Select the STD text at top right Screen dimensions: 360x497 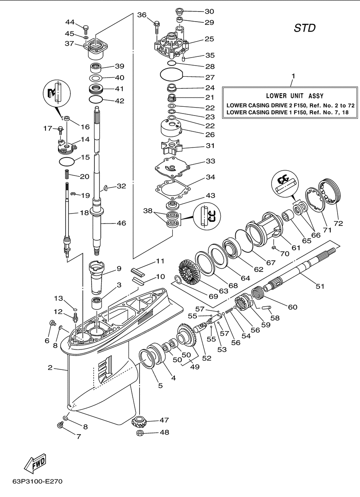click(304, 28)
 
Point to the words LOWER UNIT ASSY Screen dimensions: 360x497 click(295, 96)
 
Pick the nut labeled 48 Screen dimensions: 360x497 click(140, 433)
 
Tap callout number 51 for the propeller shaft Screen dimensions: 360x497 click(320, 286)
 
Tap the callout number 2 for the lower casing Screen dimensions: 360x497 click(50, 367)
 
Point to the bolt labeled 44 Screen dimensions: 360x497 click(86, 30)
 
